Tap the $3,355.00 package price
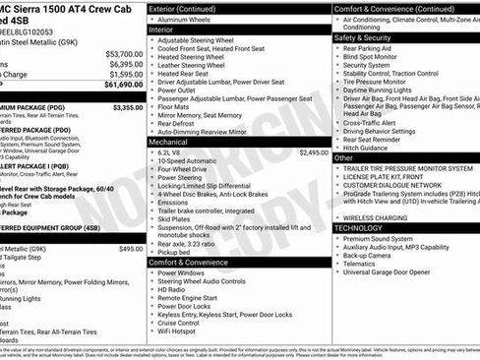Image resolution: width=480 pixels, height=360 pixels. pos(128,107)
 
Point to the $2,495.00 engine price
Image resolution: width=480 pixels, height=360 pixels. pos(314,152)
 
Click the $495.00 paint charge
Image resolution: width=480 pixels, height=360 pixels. pos(131,249)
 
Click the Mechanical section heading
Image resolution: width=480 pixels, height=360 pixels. pos(168,142)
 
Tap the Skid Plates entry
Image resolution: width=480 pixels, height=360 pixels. pos(178,218)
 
